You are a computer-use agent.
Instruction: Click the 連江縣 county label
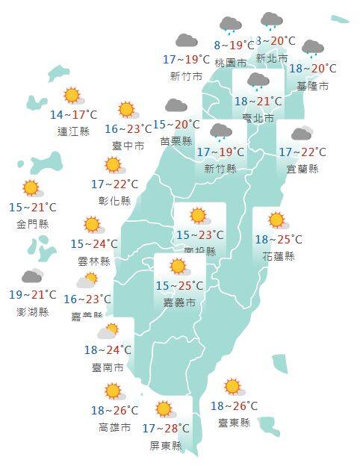coord(73,131)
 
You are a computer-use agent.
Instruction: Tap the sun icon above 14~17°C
coord(72,95)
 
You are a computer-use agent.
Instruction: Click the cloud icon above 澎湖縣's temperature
coord(31,277)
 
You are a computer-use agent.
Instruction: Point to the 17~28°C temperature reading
coord(165,429)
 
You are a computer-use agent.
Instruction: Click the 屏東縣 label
coord(165,446)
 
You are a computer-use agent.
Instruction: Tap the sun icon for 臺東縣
coord(233,387)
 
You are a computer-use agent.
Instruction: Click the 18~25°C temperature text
coord(278,240)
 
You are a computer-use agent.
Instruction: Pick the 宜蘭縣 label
coord(302,169)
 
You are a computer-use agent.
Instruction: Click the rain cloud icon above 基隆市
coord(312,49)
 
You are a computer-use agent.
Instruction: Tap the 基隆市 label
coord(313,87)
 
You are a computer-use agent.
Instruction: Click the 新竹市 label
coord(186,76)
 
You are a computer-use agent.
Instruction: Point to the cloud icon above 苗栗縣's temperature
coord(176,105)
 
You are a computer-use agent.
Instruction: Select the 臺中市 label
coord(129,146)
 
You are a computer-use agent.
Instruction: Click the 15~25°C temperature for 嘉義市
coord(179,285)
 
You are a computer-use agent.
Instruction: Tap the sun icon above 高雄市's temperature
coord(113,391)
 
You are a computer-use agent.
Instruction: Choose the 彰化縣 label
coord(114,201)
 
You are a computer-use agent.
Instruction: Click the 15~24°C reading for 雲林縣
coord(94,243)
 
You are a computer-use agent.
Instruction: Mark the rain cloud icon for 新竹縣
coord(220,133)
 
